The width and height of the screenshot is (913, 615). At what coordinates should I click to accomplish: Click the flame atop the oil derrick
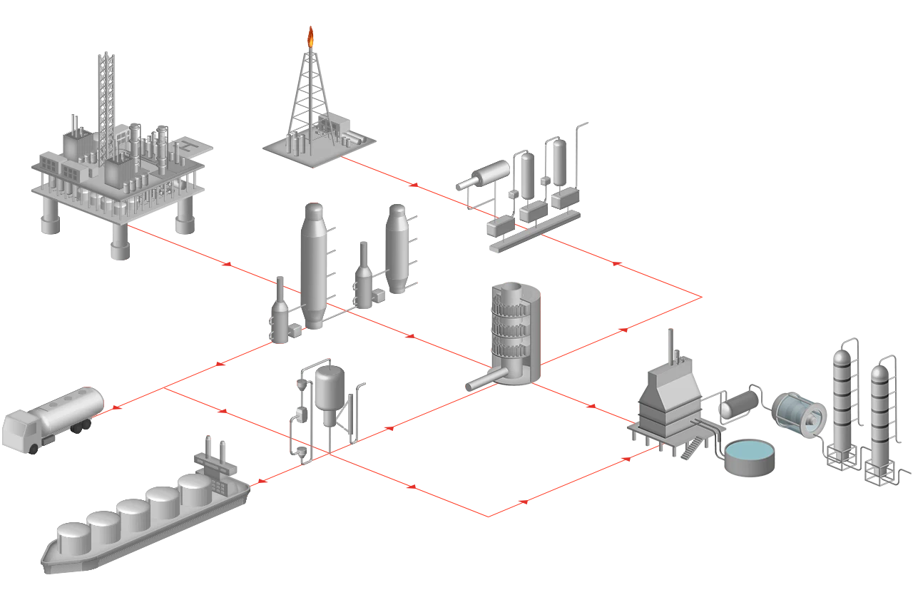[310, 34]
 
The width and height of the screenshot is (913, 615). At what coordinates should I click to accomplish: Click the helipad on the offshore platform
[187, 146]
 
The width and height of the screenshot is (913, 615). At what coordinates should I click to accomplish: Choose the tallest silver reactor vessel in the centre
[312, 264]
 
